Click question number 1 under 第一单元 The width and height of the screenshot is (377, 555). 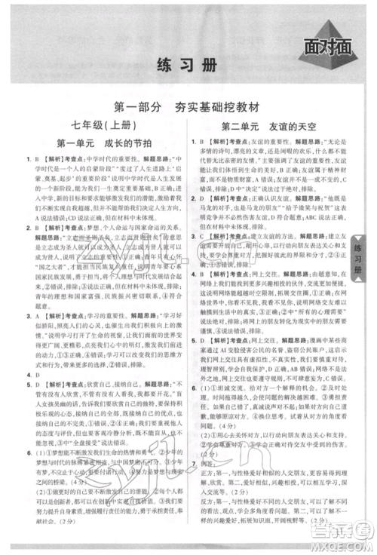tap(27, 159)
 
